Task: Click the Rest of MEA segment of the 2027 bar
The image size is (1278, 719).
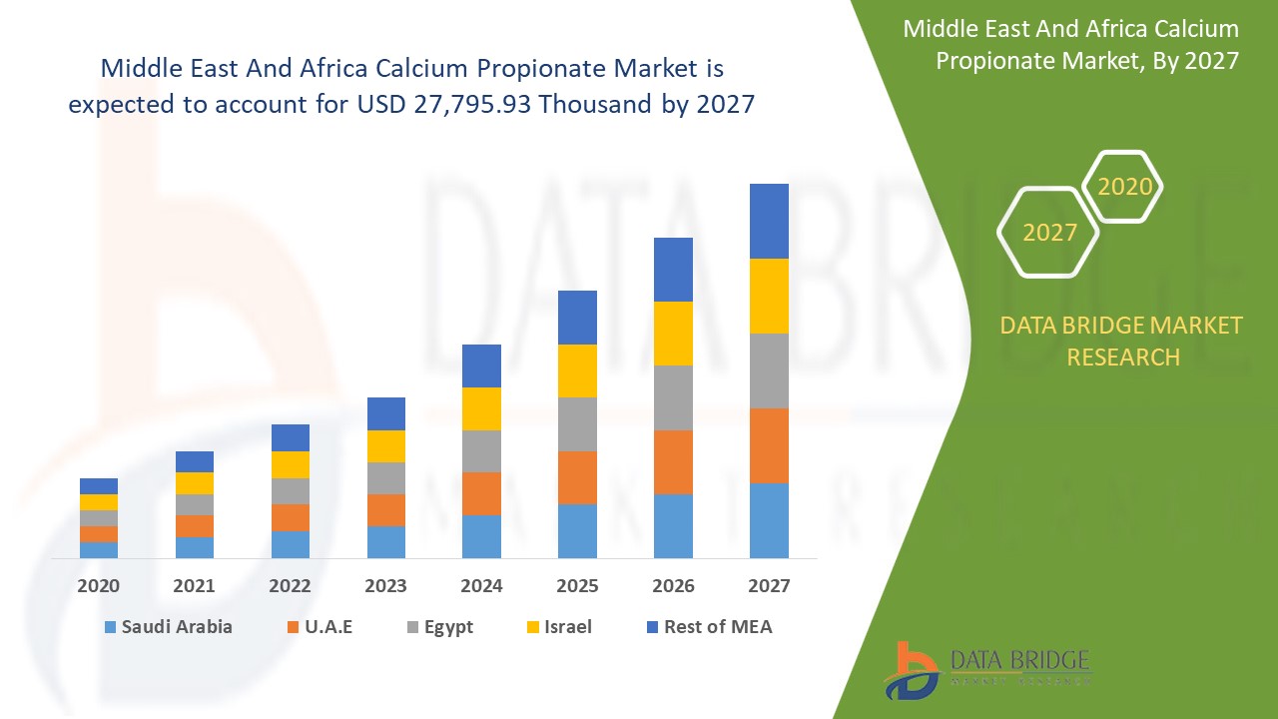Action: [769, 221]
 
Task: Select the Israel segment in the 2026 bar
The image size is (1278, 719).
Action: [673, 334]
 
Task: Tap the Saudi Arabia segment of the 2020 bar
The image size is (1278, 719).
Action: [99, 550]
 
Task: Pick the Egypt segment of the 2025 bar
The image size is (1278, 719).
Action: [577, 424]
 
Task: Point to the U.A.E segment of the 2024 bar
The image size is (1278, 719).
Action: [481, 493]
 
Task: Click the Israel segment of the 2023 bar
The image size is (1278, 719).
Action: [386, 446]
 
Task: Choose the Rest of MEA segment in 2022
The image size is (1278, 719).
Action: [291, 437]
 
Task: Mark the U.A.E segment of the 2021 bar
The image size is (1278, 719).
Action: [195, 526]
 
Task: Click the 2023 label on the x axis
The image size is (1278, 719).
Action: [385, 586]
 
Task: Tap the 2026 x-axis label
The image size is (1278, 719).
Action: [673, 586]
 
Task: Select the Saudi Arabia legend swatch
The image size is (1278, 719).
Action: [109, 627]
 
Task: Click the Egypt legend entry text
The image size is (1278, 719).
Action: [447, 627]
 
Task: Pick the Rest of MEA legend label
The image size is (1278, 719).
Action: [718, 627]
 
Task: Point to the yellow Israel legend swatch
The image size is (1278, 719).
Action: [533, 627]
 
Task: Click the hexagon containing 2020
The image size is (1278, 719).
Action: [1124, 187]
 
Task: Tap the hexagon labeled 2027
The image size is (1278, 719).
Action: [1048, 233]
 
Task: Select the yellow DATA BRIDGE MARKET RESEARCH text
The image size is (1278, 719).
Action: [1121, 341]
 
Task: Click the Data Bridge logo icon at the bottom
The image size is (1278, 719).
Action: [910, 669]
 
